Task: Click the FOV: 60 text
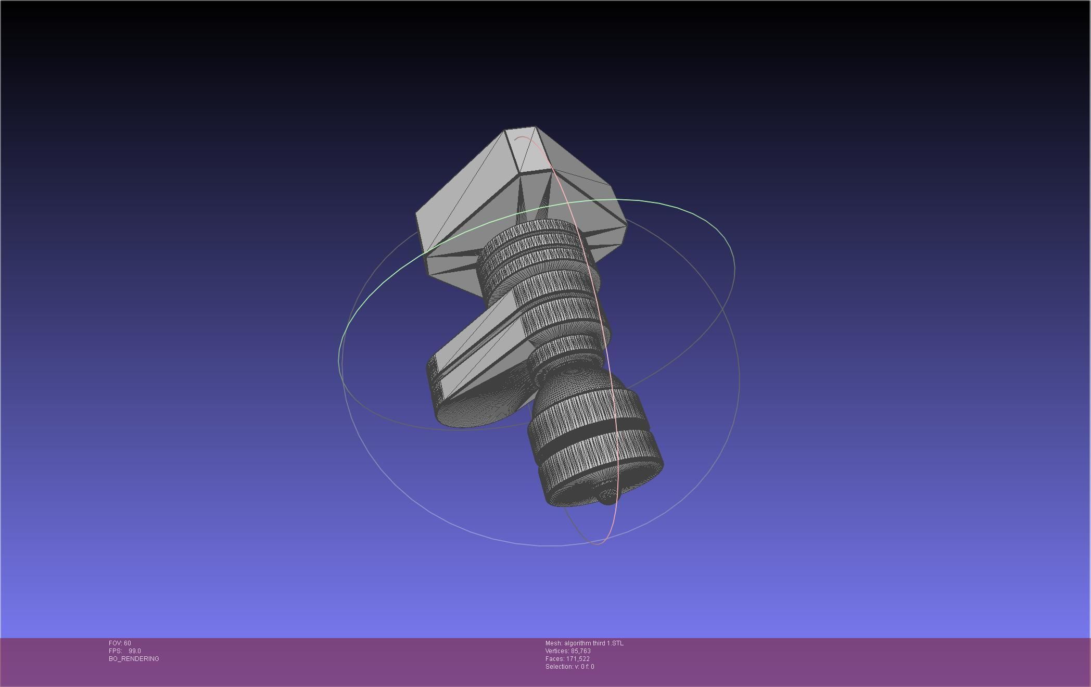[x=120, y=643]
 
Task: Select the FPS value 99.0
[x=134, y=651]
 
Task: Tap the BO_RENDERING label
[x=134, y=659]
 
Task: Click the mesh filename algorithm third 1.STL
[x=593, y=643]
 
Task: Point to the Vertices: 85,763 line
[x=568, y=651]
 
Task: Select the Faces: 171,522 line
[x=567, y=659]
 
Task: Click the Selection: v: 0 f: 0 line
[x=569, y=667]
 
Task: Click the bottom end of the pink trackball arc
[x=597, y=543]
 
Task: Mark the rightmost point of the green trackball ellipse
[x=734, y=268]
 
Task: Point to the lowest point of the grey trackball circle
[x=547, y=545]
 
